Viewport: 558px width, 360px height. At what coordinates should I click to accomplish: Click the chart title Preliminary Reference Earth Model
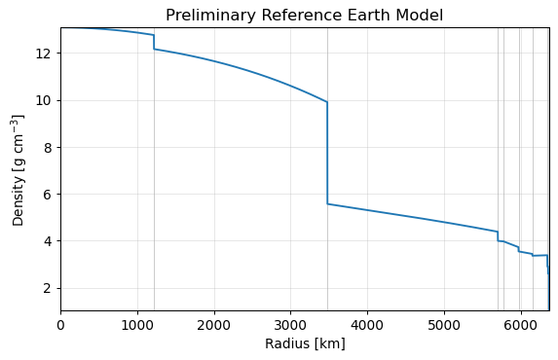[304, 16]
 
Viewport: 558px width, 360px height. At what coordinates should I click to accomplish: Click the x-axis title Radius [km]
[305, 344]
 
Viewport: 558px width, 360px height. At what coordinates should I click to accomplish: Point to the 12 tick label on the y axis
[43, 54]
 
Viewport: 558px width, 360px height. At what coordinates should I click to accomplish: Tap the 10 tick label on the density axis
[43, 100]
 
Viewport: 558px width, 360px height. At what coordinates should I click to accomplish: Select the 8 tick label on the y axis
[48, 148]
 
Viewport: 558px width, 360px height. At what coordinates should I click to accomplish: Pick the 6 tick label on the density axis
[48, 195]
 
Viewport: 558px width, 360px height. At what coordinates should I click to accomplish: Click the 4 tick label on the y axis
[48, 241]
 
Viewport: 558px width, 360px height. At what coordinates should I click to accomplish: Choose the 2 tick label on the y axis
[48, 288]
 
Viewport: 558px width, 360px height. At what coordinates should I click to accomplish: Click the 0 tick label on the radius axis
[60, 325]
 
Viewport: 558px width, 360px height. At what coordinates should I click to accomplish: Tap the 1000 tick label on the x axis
[137, 325]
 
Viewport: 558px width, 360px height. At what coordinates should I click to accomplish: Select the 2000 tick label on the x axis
[214, 325]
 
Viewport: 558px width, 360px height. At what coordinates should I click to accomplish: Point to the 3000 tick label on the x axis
[291, 325]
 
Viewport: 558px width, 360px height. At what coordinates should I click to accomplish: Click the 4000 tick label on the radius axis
[367, 325]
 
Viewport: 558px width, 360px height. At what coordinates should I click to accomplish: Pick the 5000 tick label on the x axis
[444, 325]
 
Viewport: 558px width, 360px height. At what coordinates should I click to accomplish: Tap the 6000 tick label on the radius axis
[521, 325]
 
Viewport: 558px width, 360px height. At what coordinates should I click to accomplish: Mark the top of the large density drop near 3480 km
[327, 102]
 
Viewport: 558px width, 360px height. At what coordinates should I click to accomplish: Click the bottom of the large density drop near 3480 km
[327, 203]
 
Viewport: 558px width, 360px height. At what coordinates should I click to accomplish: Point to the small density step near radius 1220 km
[154, 42]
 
